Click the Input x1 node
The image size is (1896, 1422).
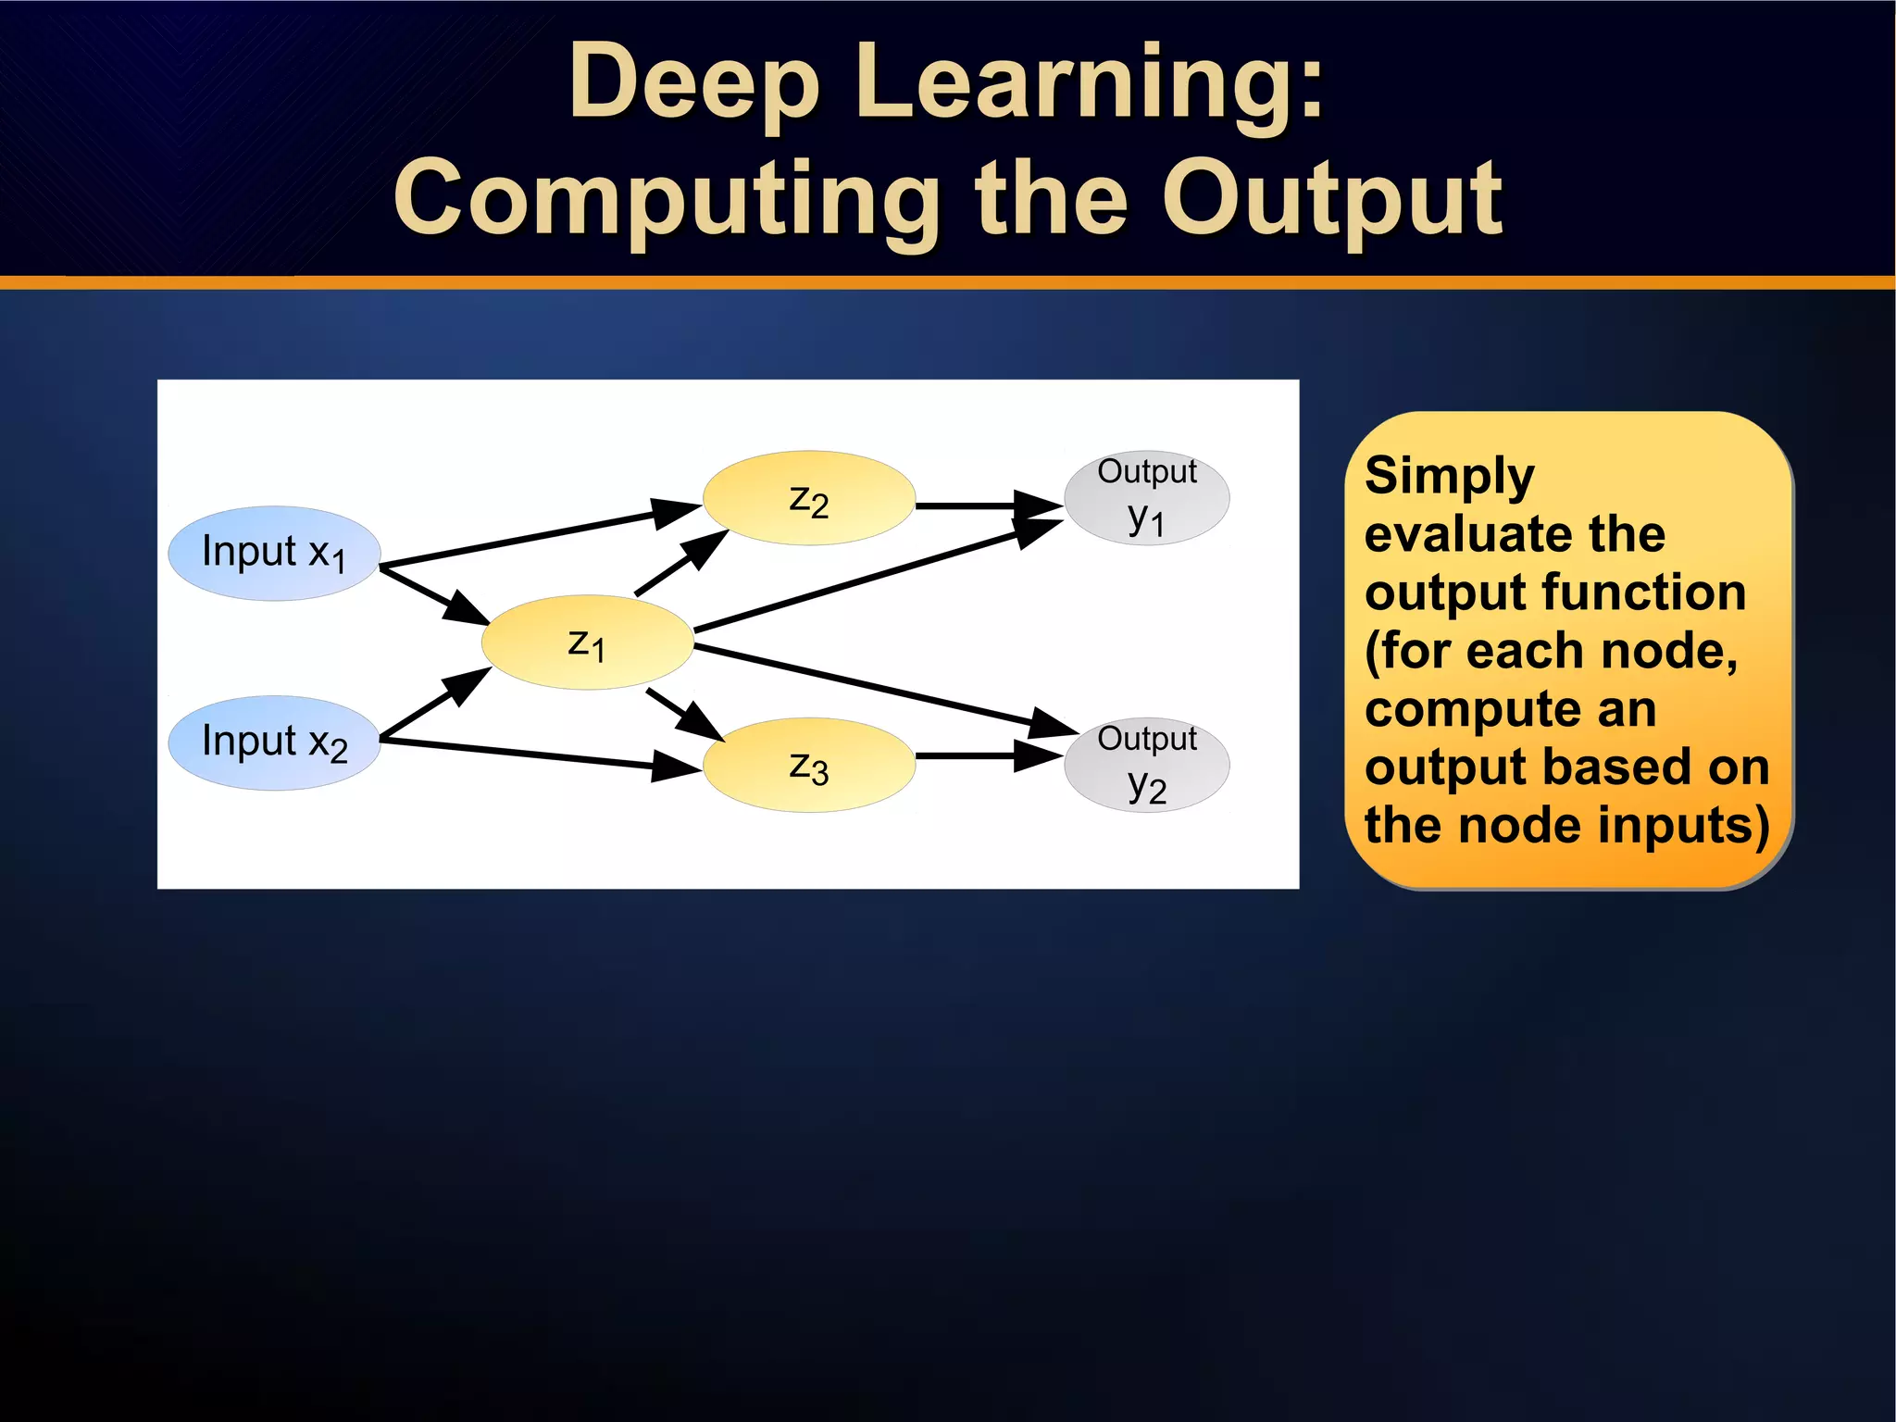274,553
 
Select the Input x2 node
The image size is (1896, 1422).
274,742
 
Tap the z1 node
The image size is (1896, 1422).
587,642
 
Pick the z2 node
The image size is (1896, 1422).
808,498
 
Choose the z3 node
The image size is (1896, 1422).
808,765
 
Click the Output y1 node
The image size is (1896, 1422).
1146,498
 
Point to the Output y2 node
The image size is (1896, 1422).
1146,765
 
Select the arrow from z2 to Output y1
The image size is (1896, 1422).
981,505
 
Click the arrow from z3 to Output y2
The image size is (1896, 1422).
981,755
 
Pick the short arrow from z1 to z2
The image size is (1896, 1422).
680,564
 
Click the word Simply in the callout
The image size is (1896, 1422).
1449,477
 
